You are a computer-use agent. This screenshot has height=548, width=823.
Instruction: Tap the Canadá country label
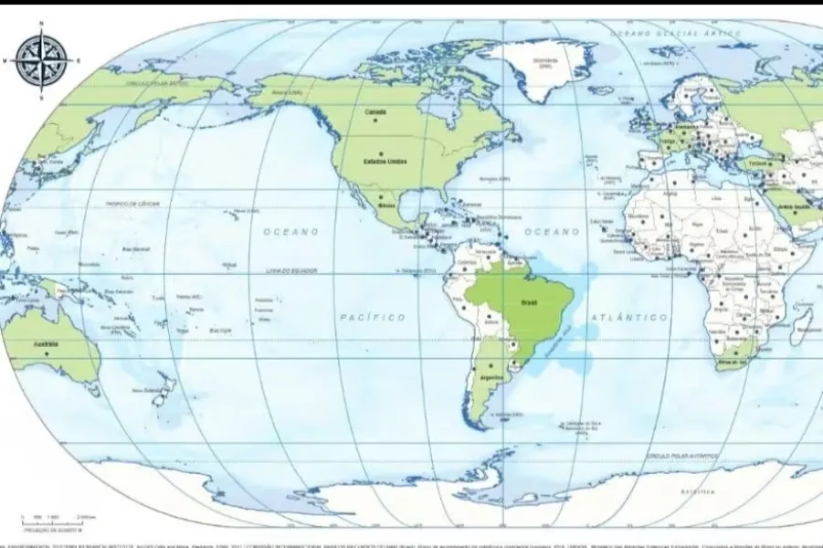click(375, 112)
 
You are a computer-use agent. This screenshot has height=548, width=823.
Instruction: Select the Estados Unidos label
click(385, 162)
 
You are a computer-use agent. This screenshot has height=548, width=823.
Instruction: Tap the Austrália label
click(46, 344)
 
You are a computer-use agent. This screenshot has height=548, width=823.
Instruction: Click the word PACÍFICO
click(372, 317)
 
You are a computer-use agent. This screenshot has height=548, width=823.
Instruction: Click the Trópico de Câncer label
click(132, 204)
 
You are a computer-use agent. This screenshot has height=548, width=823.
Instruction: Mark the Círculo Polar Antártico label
click(683, 454)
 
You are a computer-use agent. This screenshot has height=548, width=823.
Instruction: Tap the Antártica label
click(695, 492)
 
